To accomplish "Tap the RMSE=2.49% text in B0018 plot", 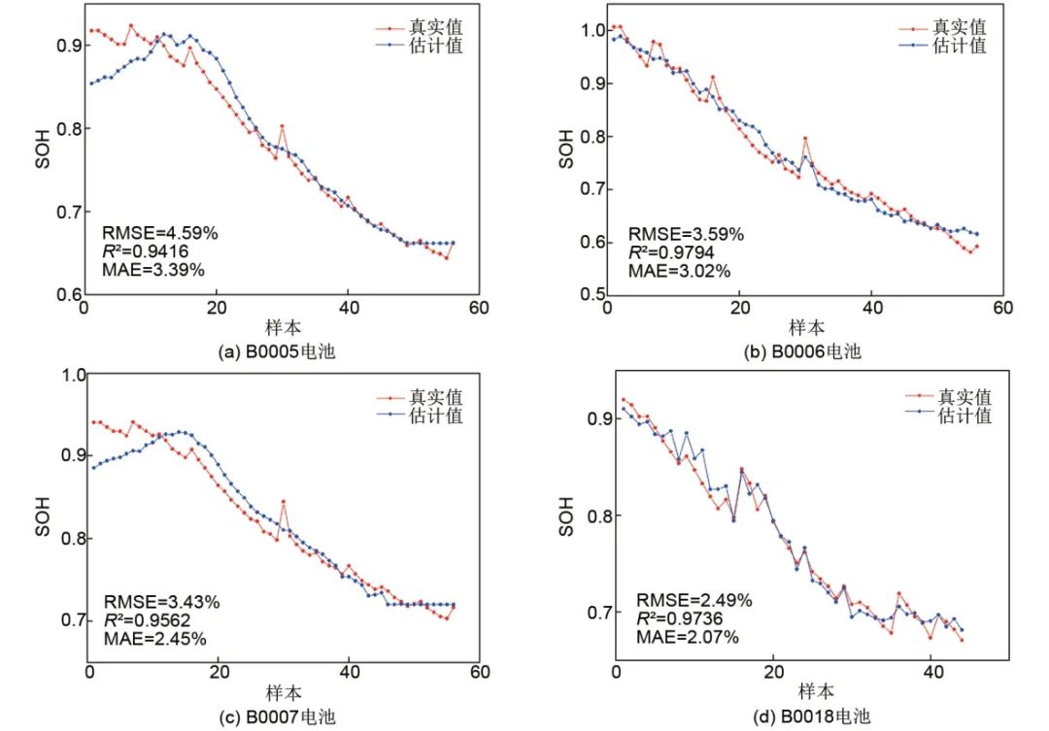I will [x=694, y=601].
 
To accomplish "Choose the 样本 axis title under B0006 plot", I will [x=803, y=327].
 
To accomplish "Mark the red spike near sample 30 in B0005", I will [x=282, y=126].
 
